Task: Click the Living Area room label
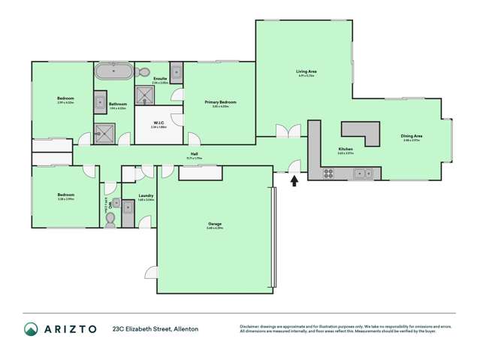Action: coord(305,72)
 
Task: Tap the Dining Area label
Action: coord(412,136)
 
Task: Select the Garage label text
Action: coord(214,224)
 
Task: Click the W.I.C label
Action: coord(158,123)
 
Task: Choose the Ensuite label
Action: coord(160,79)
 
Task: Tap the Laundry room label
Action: coord(146,196)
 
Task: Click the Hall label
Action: coord(194,155)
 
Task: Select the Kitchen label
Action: coord(346,149)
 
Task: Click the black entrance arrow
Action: coord(294,180)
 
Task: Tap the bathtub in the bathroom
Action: coord(113,72)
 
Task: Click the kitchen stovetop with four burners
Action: coord(328,174)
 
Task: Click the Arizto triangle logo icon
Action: coord(31,328)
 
